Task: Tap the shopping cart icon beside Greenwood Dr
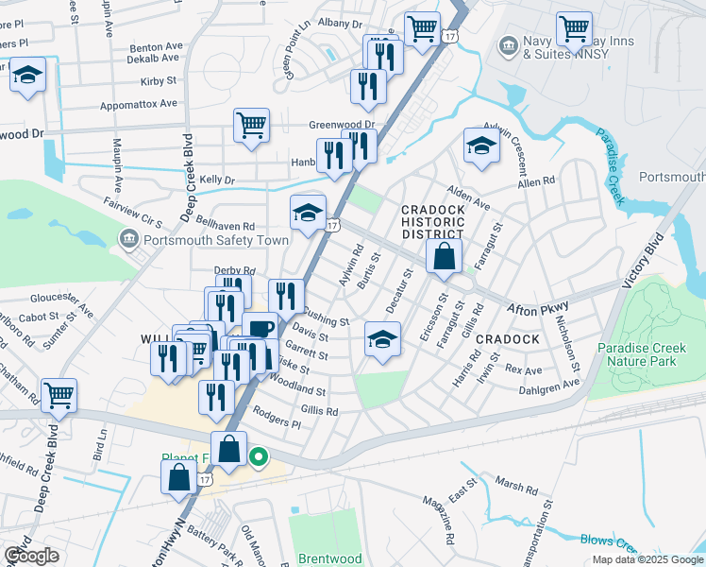point(251,125)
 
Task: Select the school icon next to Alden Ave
point(481,146)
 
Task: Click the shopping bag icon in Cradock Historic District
point(444,256)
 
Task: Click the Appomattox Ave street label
point(143,104)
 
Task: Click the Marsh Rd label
point(516,488)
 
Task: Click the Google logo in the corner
point(31,556)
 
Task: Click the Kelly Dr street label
point(216,179)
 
